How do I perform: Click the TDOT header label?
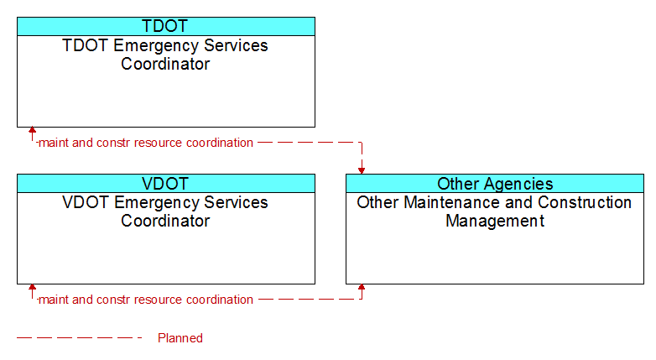165,26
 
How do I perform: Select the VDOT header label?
165,183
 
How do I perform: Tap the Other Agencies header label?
495,184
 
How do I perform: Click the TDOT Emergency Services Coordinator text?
165,55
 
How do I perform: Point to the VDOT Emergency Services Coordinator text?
165,211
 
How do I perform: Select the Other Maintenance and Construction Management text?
494,211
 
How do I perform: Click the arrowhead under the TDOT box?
32,130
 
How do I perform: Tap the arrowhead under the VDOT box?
32,287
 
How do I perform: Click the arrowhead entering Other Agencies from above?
362,171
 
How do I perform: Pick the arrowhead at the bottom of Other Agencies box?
362,287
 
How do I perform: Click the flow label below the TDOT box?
146,143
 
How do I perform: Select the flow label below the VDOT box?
146,300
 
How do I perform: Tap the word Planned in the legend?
180,338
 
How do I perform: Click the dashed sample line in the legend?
80,337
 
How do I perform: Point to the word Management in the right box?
495,221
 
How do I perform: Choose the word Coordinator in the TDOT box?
165,64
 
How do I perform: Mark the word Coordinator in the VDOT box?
165,221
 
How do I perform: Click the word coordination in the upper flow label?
220,143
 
